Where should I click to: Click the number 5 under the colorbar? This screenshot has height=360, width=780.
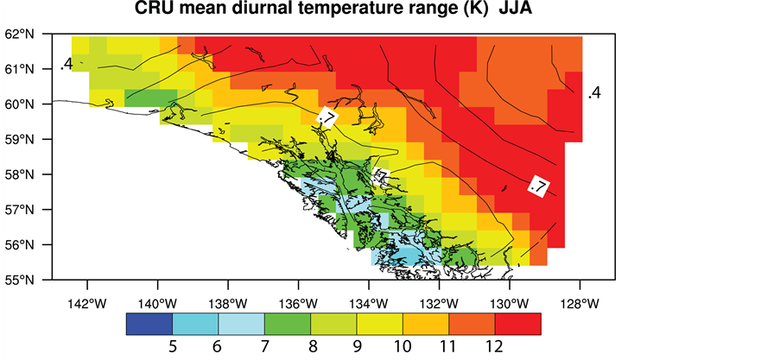172,348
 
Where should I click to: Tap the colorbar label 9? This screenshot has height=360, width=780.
357,348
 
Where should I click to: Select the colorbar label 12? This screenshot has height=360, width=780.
494,348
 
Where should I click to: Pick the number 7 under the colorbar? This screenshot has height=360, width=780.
264,348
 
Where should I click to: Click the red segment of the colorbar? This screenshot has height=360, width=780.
517,324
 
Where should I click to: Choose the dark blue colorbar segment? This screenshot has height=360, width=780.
149,324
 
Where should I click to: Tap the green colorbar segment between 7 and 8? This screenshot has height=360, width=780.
287,324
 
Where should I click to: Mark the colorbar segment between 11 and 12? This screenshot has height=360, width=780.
472,324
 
